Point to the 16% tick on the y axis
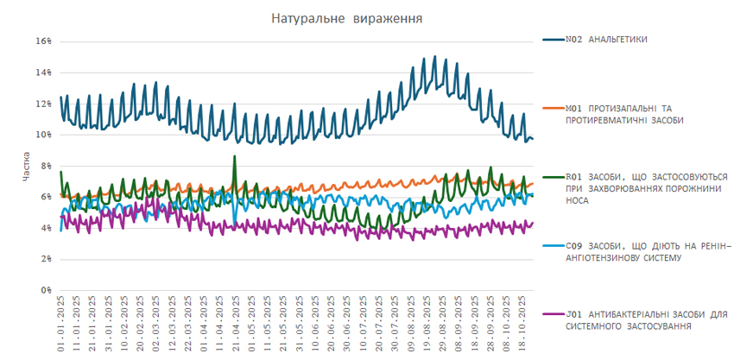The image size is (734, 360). click(x=44, y=41)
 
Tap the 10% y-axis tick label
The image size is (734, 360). click(x=44, y=135)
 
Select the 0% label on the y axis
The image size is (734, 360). click(x=47, y=290)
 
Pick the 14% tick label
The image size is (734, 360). click(x=44, y=73)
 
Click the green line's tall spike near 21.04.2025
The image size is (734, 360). click(x=235, y=158)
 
